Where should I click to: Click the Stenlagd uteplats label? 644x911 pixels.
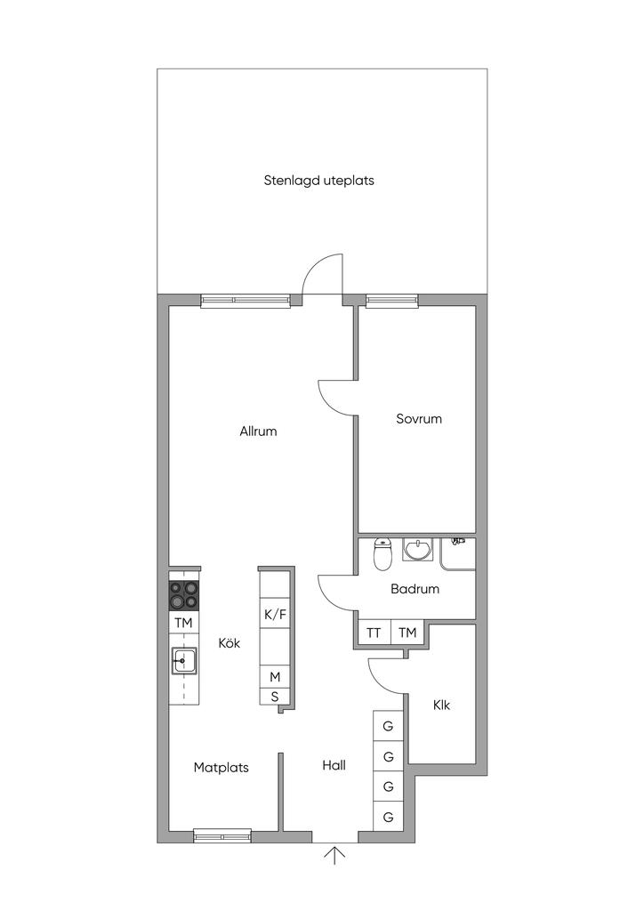(318, 181)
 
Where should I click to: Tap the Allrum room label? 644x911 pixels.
(258, 431)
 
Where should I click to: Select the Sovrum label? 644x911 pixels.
(419, 418)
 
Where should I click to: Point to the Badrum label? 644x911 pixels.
(415, 589)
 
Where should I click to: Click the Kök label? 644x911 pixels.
(229, 642)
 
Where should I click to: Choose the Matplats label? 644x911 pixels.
(221, 768)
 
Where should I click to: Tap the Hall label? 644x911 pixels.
(334, 765)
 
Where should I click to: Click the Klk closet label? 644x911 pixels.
(441, 705)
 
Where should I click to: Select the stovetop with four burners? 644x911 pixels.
(183, 595)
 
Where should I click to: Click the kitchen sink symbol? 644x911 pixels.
(183, 661)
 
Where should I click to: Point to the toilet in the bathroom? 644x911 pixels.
(382, 553)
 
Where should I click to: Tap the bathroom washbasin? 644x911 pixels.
(417, 549)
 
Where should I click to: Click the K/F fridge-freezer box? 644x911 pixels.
(275, 615)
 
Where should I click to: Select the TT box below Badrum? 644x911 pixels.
(374, 633)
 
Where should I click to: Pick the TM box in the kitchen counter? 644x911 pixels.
(183, 623)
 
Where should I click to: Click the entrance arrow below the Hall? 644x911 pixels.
(334, 855)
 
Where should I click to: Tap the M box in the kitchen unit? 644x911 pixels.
(275, 677)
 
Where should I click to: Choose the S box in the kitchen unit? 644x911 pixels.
(275, 697)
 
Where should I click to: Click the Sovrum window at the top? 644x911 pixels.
(392, 300)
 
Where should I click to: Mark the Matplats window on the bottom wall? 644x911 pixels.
(222, 836)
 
